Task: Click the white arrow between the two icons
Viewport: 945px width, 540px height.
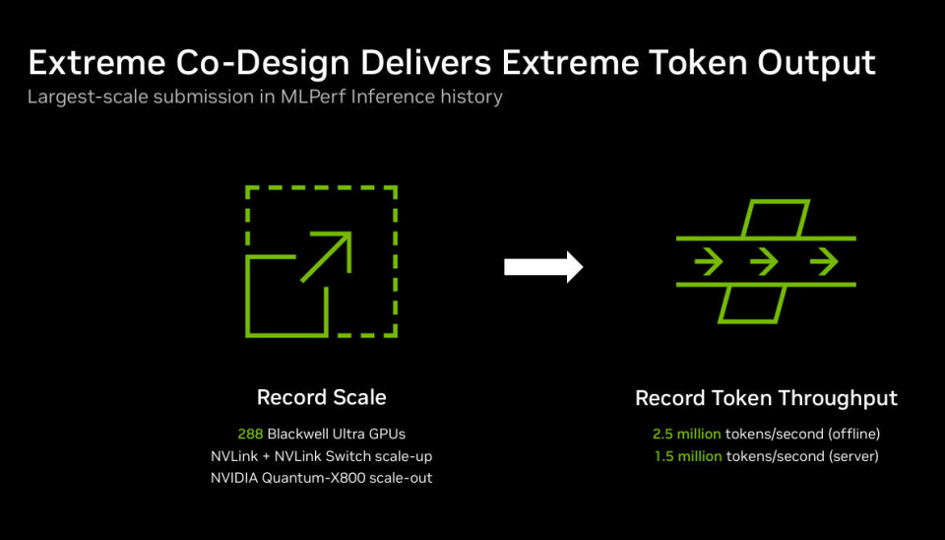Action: point(543,267)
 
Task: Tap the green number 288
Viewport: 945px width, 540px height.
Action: point(250,434)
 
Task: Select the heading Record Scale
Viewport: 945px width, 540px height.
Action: point(321,398)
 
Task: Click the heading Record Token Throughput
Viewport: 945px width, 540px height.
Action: point(766,398)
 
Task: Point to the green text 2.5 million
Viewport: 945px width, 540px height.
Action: point(687,434)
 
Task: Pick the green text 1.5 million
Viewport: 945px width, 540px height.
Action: point(687,456)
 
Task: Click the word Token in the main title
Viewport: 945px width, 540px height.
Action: point(665,63)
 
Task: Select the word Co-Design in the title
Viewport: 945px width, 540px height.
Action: point(244,63)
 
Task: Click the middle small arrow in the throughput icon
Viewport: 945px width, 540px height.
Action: point(766,261)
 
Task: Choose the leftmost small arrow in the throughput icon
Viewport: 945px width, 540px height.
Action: point(708,261)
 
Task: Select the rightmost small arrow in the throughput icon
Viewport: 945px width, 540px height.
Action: point(824,261)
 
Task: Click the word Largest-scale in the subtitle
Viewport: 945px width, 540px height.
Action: point(77,98)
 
